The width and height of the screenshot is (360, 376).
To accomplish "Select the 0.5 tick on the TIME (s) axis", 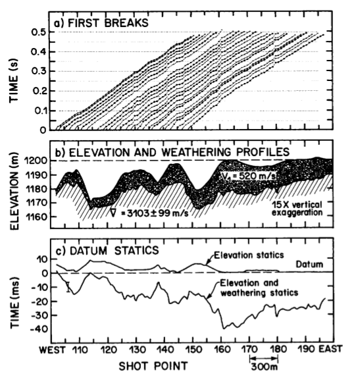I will click(41, 32).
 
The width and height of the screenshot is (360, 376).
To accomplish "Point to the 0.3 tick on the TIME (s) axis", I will click(41, 71).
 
